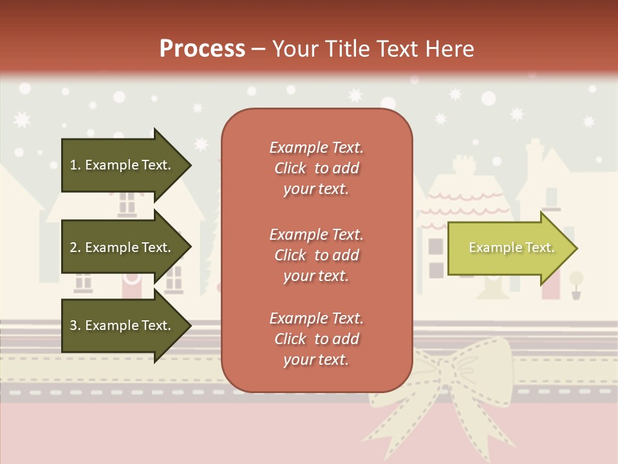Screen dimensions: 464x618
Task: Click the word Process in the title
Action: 202,49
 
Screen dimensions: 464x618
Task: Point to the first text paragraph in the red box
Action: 316,168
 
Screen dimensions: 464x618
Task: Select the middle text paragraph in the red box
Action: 316,255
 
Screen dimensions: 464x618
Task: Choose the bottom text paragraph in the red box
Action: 316,339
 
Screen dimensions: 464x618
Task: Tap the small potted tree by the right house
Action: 576,284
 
